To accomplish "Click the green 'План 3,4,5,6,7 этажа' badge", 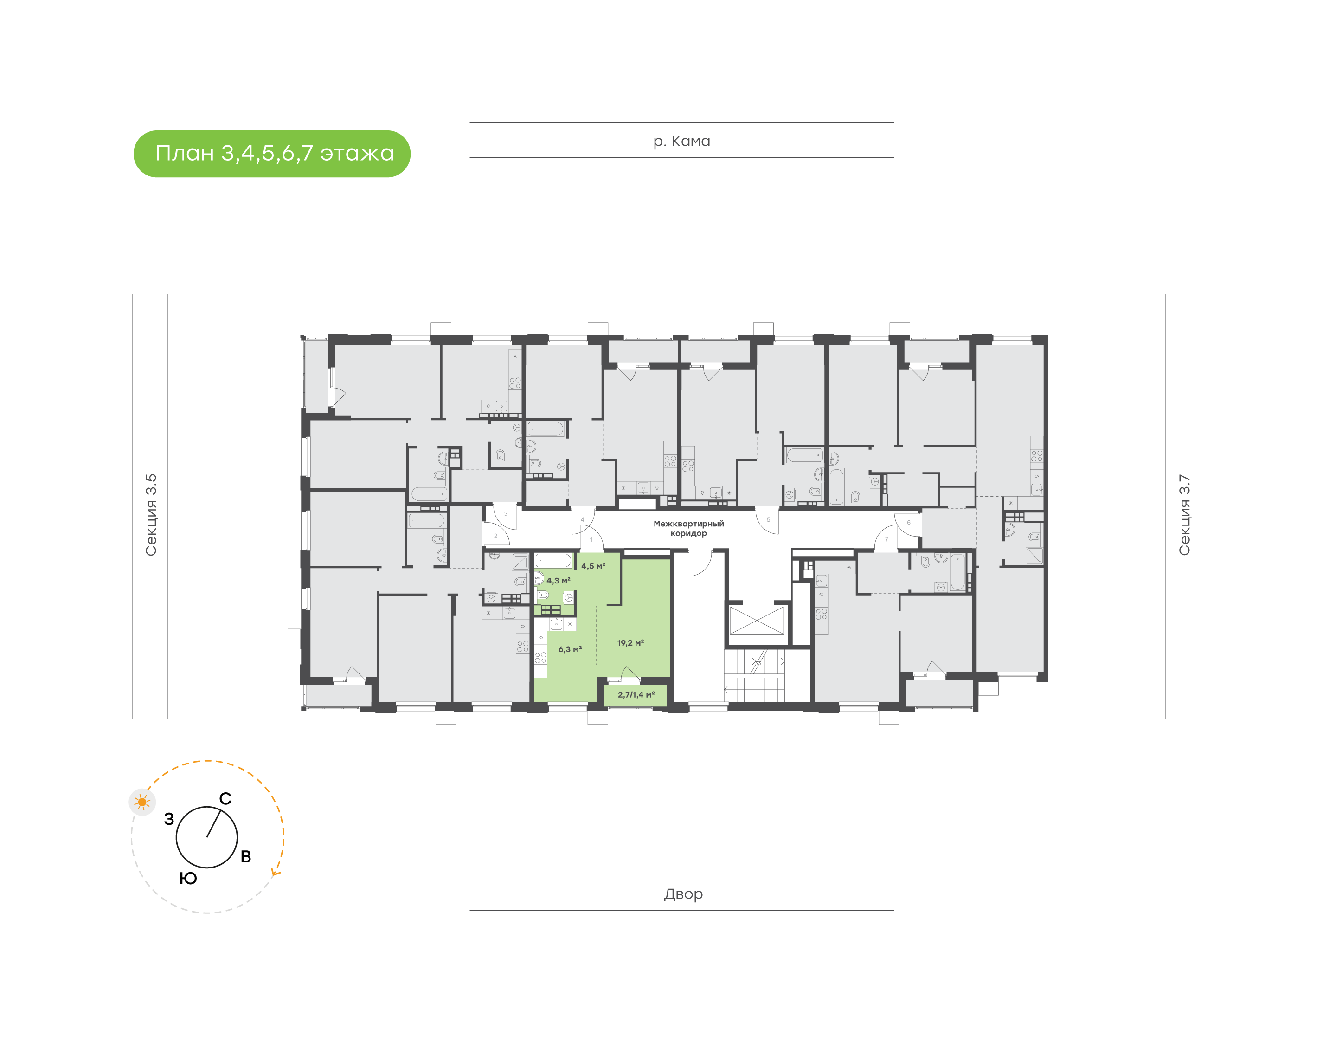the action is point(272,154).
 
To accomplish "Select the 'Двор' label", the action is point(683,894).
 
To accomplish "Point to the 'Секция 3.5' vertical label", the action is point(151,515).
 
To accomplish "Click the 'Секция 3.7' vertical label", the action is point(1184,515).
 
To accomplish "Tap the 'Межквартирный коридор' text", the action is point(688,528).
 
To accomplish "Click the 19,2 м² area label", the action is point(631,643).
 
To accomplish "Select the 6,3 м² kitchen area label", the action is point(570,649).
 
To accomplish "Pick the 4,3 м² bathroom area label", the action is point(559,580).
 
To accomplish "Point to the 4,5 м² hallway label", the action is point(593,566).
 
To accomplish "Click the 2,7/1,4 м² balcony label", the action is point(636,695).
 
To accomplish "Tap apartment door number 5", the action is point(768,519).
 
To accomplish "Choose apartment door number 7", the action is point(886,539).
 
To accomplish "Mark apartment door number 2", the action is point(496,536).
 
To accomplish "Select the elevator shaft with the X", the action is point(757,620).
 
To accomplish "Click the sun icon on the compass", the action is point(142,802).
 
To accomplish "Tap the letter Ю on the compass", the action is point(188,878).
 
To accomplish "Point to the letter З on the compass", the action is point(169,819).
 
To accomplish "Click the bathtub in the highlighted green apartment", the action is point(553,560).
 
